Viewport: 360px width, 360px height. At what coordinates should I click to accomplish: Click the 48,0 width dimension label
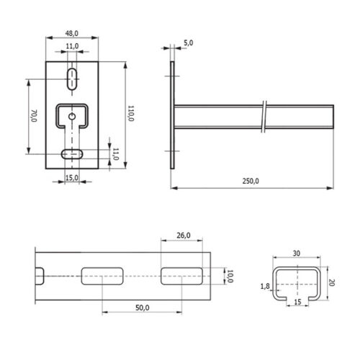[x=72, y=33]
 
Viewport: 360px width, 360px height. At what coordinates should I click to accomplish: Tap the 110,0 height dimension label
[x=131, y=113]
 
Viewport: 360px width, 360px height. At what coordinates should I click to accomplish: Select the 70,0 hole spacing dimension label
[x=35, y=116]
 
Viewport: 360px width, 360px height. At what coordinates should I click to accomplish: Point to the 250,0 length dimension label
[x=251, y=181]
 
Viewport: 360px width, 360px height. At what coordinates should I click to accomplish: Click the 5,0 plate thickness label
[x=189, y=43]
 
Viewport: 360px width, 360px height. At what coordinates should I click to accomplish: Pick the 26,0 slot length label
[x=184, y=235]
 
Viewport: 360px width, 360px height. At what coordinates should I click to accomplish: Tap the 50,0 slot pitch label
[x=143, y=307]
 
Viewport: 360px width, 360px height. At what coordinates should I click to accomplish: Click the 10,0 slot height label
[x=230, y=276]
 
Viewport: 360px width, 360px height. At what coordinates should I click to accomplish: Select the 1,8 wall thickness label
[x=265, y=286]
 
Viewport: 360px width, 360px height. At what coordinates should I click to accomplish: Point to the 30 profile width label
[x=297, y=253]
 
